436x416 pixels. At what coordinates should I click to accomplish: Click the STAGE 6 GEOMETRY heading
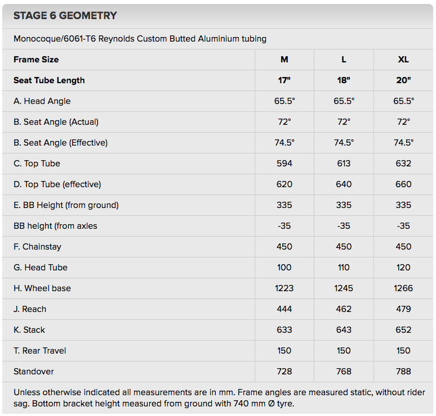tap(65, 16)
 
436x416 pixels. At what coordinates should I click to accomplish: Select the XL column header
tap(403, 60)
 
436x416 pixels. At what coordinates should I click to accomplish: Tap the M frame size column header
tap(284, 60)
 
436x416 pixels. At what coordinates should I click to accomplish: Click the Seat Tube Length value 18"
tap(344, 80)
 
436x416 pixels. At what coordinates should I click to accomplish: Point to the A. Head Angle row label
tap(42, 101)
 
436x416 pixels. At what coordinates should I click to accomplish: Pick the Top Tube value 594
tap(284, 164)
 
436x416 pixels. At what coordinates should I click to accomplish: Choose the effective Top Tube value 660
tap(403, 184)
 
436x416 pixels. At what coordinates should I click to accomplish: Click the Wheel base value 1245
tap(344, 288)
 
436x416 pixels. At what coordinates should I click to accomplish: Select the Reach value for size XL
tap(403, 309)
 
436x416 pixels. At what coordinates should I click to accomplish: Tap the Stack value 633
tap(284, 330)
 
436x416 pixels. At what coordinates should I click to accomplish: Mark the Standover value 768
tap(344, 372)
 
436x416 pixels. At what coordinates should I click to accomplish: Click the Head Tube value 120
tap(403, 268)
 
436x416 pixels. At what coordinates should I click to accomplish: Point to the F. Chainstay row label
tap(37, 247)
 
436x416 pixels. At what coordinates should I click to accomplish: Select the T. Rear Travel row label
tap(40, 351)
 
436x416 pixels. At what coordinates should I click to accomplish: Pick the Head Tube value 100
tap(284, 268)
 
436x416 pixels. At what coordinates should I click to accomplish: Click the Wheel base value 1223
tap(284, 288)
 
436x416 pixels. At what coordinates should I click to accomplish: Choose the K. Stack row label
tap(29, 330)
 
